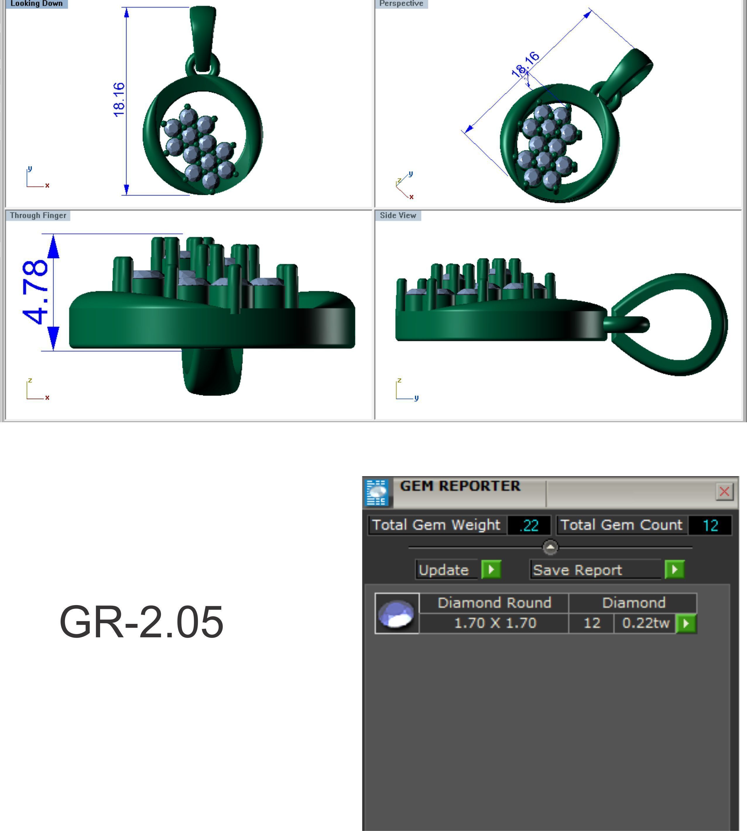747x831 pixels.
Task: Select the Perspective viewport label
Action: [x=401, y=4]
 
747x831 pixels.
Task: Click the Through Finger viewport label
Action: [x=38, y=215]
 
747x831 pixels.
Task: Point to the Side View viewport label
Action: [x=398, y=215]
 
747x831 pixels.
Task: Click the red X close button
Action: [x=724, y=491]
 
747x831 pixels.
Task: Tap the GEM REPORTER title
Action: [x=460, y=486]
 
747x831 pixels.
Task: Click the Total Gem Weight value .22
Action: [x=529, y=525]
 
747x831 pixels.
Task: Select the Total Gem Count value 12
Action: [x=710, y=525]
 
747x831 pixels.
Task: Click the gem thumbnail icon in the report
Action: [x=397, y=613]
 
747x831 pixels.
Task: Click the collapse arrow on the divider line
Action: [x=550, y=547]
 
